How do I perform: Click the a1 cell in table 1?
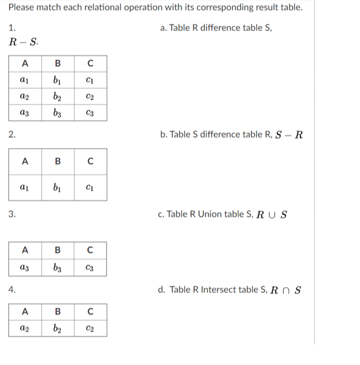[25, 81]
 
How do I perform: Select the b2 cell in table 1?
[57, 97]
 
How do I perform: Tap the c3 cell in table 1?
[90, 113]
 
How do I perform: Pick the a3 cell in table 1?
[25, 113]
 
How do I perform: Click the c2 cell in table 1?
[90, 97]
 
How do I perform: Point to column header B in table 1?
[57, 63]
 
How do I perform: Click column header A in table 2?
[25, 161]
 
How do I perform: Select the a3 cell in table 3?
[25, 267]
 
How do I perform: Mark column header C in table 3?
[90, 249]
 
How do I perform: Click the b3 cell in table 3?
[57, 267]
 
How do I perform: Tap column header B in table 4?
[57, 312]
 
